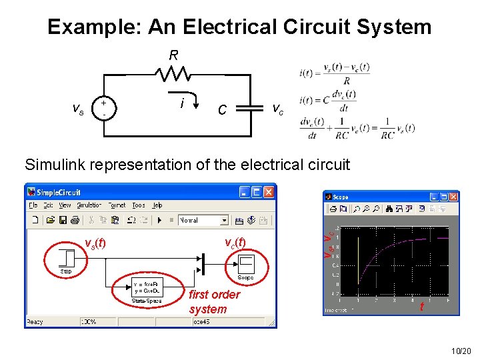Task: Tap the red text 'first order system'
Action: pos(214,301)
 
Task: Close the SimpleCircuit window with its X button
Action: pos(269,192)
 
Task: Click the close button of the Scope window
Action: pos(453,197)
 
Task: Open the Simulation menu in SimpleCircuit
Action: pos(89,205)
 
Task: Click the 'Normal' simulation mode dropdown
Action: pos(203,220)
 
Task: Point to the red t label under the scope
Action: pos(421,307)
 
